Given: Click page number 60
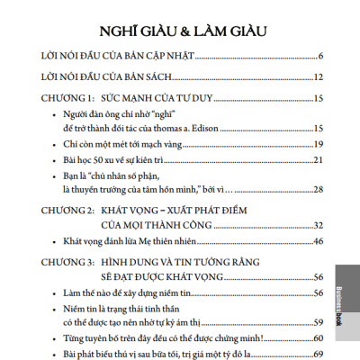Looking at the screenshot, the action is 318,337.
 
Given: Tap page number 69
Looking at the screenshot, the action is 318,353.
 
